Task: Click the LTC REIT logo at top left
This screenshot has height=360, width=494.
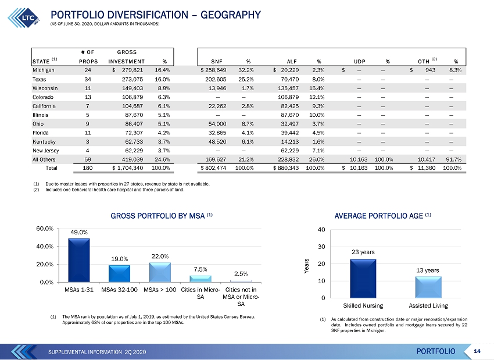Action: coord(24,17)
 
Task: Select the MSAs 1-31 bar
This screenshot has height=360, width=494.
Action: coord(79,260)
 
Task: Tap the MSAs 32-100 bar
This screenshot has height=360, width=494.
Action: coord(119,273)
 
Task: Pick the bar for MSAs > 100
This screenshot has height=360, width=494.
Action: coord(160,272)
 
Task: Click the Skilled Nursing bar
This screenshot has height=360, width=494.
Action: coord(363,279)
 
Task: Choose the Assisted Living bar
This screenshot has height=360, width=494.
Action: coord(428,287)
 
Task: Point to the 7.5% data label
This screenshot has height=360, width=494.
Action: coord(201,269)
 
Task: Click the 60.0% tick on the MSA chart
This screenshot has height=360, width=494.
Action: coord(45,229)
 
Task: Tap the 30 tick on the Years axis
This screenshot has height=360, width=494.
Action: coord(321,247)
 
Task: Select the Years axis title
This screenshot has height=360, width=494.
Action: coord(306,266)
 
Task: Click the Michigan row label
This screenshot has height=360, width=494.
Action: coord(44,70)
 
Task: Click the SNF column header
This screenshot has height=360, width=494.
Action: coord(217,62)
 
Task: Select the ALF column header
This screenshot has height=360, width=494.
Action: coord(292,62)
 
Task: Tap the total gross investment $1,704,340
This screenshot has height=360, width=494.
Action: coord(128,168)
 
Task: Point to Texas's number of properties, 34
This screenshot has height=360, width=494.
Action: coord(88,80)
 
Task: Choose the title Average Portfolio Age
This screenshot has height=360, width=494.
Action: coord(379,216)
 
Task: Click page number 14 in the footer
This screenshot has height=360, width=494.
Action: coord(477,351)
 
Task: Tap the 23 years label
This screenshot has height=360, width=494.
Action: coord(363,252)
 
